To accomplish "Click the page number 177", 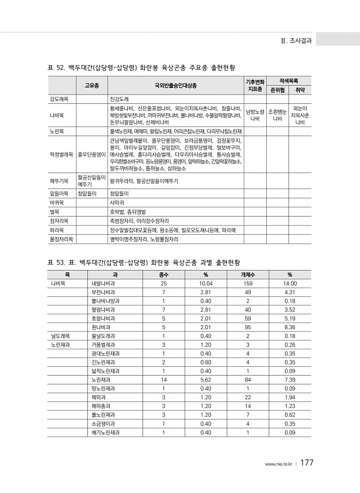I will coord(308,463).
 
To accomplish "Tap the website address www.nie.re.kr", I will coord(279,464).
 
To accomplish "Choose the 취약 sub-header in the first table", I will coord(300,90).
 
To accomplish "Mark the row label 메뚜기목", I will coord(60,181).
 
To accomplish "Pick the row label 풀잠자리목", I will coord(62,239).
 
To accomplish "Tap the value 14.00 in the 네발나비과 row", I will coord(290,283).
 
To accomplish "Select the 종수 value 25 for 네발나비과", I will coord(164,283).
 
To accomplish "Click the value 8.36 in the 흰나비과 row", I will coord(290,327).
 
